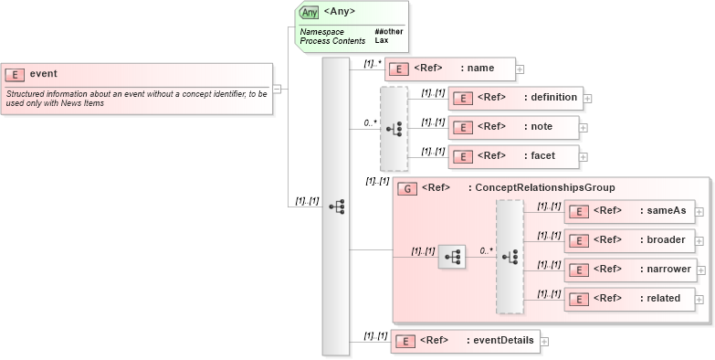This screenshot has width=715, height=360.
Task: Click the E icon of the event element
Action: (16, 74)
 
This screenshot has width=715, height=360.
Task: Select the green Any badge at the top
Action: (310, 12)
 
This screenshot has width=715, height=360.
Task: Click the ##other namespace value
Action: (388, 32)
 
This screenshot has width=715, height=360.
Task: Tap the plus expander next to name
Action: (520, 69)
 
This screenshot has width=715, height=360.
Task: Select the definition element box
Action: (515, 98)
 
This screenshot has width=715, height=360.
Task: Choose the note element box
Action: (513, 127)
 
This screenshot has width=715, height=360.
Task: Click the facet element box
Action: (513, 156)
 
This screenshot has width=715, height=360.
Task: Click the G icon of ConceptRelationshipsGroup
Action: (409, 188)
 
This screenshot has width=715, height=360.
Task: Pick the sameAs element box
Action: (629, 211)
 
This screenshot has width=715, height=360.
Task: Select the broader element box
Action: (629, 240)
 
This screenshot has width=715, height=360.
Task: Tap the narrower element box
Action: (629, 270)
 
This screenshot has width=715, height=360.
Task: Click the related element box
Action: (629, 299)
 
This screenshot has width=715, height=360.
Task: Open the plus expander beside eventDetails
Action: (545, 342)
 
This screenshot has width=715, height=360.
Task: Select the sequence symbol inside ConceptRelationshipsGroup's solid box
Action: (451, 258)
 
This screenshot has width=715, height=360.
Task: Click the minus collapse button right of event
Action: (277, 89)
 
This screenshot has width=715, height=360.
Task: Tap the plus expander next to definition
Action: (588, 99)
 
